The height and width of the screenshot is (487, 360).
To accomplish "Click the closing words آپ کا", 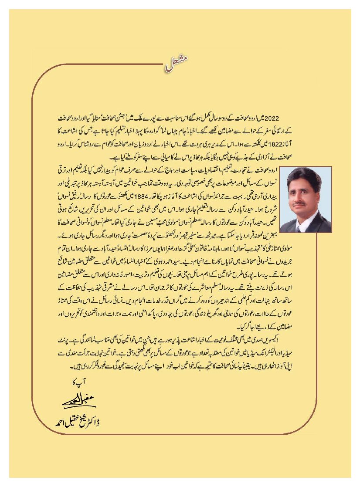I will click(x=78, y=382).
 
